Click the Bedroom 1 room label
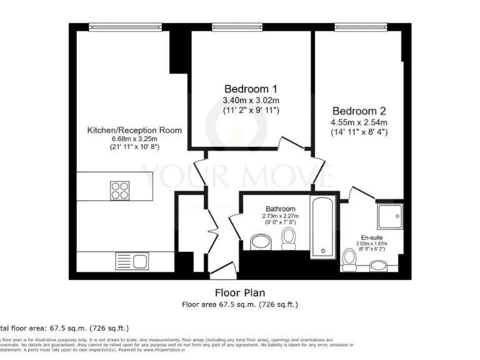point(251,88)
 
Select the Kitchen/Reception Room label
point(134,130)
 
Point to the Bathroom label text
point(280,209)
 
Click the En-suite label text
point(372,237)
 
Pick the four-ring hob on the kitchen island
point(121,189)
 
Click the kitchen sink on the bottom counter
point(131,261)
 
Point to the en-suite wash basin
point(378,266)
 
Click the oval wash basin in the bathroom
point(259,242)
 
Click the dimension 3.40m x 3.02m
point(251,100)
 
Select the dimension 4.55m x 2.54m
point(359,122)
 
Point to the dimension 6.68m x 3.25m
point(134,139)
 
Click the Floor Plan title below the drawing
point(240,292)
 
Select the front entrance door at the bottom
point(220,270)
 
